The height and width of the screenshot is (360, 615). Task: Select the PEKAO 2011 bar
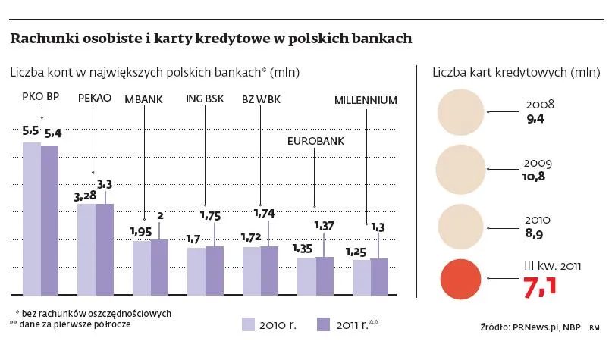(x=105, y=249)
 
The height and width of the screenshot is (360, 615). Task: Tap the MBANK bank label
(x=143, y=99)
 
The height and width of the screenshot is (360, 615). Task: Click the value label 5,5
(x=31, y=130)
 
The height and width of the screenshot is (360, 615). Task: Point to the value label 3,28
(x=84, y=196)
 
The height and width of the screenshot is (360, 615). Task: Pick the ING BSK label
(x=205, y=99)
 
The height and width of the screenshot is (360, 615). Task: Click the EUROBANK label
(x=313, y=141)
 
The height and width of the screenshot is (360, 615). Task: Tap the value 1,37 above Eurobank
(x=324, y=225)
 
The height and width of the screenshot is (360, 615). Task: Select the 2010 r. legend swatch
(x=248, y=324)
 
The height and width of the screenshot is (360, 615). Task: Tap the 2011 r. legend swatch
(x=325, y=324)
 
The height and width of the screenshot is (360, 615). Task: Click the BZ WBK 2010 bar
(x=251, y=270)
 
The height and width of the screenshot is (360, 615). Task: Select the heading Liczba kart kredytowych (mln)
(x=516, y=73)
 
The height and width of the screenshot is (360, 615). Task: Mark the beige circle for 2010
(x=461, y=225)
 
